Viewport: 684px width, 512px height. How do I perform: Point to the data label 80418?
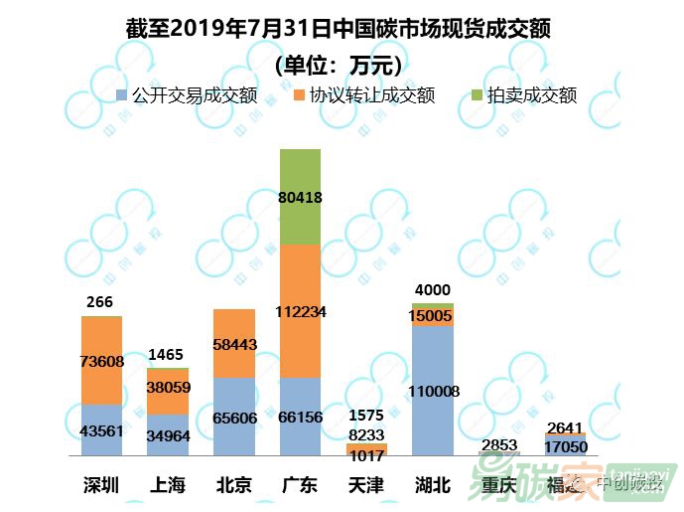pyautogui.click(x=300, y=197)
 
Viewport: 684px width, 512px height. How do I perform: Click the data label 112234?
pyautogui.click(x=300, y=311)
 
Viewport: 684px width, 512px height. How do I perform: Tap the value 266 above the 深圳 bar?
pyautogui.click(x=99, y=302)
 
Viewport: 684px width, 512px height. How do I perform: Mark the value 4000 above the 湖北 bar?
pyautogui.click(x=432, y=290)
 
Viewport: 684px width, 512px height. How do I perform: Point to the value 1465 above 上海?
pyautogui.click(x=167, y=354)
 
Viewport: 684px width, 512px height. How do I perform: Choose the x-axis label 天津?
pyautogui.click(x=366, y=485)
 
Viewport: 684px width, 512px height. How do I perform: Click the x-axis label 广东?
pyautogui.click(x=300, y=485)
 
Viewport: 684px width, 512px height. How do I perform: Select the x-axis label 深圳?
pyautogui.click(x=101, y=485)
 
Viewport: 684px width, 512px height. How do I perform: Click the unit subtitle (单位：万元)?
pyautogui.click(x=338, y=66)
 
